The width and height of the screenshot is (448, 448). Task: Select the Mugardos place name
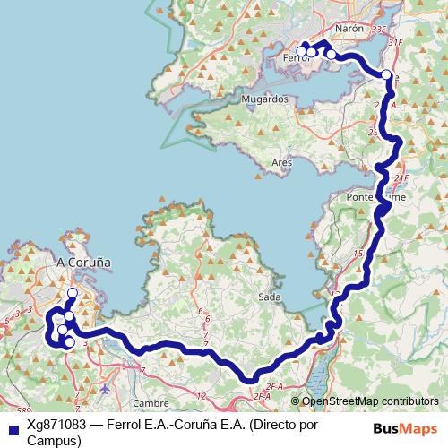point(263,99)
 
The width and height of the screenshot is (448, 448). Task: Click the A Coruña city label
point(83,263)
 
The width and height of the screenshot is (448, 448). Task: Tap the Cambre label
point(176,402)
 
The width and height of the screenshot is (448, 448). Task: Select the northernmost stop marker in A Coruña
point(73,294)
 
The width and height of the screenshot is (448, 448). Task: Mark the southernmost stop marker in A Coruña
point(69,341)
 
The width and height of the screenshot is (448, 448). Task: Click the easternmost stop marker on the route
point(386,75)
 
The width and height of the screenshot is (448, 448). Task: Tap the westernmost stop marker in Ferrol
point(303,51)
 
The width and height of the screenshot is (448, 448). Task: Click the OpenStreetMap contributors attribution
point(369,401)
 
